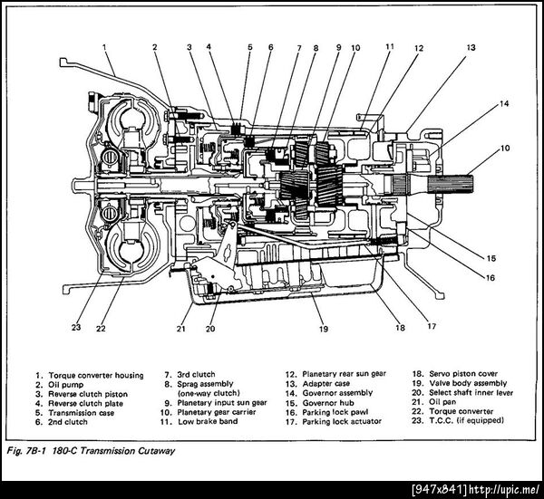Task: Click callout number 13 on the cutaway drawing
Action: click(471, 45)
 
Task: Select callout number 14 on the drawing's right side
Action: click(503, 104)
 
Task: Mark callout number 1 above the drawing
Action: click(104, 43)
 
